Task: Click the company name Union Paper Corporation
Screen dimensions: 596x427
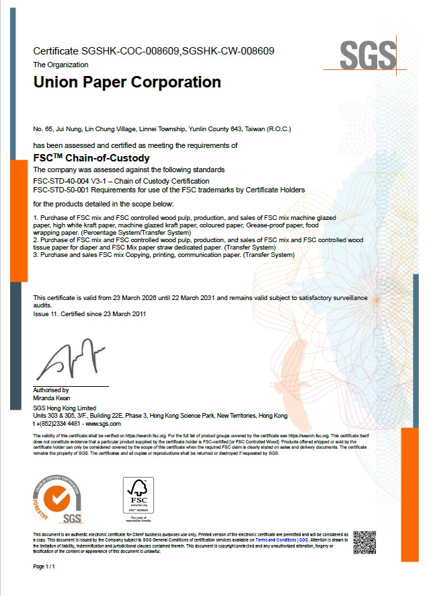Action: click(127, 83)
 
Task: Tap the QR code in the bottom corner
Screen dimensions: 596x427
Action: click(364, 542)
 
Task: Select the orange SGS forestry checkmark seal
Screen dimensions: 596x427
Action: click(63, 500)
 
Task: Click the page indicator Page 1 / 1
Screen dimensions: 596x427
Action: click(44, 567)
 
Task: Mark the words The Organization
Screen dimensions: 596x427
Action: click(61, 65)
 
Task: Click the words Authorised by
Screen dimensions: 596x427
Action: click(50, 390)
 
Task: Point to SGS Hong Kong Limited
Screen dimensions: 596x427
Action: click(65, 408)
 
